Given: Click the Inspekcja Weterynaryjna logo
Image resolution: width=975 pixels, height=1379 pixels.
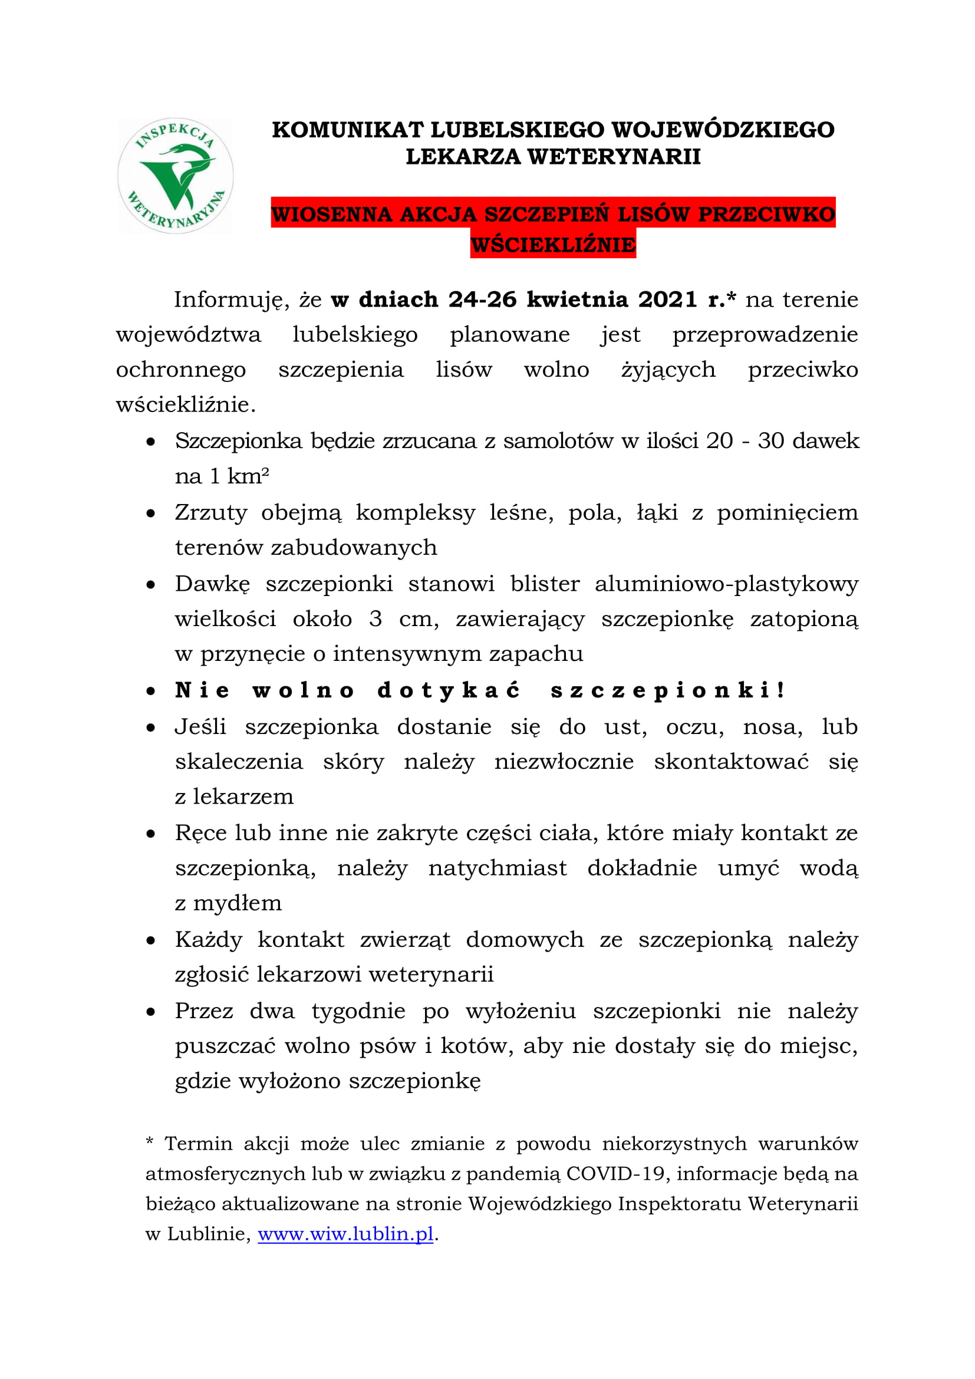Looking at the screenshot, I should click(x=175, y=175).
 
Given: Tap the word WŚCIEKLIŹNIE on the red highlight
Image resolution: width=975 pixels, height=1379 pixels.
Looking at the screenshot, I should click(x=553, y=245).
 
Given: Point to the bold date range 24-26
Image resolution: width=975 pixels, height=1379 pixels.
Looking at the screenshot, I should click(x=482, y=300).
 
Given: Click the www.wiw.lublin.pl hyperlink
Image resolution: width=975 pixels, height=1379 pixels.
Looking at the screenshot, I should click(x=345, y=1234).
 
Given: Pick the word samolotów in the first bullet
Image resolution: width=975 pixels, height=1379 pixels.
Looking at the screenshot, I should click(x=558, y=441).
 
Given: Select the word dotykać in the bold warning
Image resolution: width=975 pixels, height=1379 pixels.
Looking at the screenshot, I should click(x=449, y=691).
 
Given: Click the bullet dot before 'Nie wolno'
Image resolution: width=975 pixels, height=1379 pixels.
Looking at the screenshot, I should click(x=151, y=692).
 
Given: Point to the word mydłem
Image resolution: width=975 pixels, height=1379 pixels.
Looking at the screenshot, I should click(x=237, y=903).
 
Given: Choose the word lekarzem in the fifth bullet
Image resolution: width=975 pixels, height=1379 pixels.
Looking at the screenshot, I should click(x=243, y=797).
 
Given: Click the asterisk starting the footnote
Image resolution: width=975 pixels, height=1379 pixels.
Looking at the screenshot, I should click(x=150, y=1141).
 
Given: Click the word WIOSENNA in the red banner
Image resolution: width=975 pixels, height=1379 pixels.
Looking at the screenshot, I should click(x=332, y=215).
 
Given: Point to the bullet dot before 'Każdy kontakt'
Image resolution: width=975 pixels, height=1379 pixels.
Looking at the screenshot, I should click(x=151, y=940).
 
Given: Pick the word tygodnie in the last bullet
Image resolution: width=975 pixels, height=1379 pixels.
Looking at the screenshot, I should click(x=358, y=1011).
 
